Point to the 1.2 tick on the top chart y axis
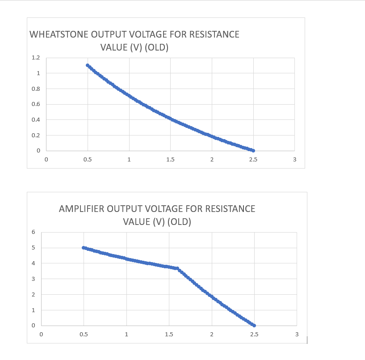click(36, 58)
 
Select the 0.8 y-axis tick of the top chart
click(36, 89)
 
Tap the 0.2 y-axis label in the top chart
click(36, 135)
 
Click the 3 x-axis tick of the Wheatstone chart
click(294, 159)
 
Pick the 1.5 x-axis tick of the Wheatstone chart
click(170, 159)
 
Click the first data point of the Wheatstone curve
click(88, 65)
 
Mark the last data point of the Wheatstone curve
click(253, 151)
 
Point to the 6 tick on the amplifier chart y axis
click(33, 232)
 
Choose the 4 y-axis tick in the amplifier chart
click(33, 263)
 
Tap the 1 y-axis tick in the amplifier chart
click(33, 310)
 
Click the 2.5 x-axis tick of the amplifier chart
click(254, 334)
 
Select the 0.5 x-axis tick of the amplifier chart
click(84, 334)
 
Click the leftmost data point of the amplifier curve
click(84, 248)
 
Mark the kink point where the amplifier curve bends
click(177, 268)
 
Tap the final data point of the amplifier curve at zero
click(254, 326)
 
